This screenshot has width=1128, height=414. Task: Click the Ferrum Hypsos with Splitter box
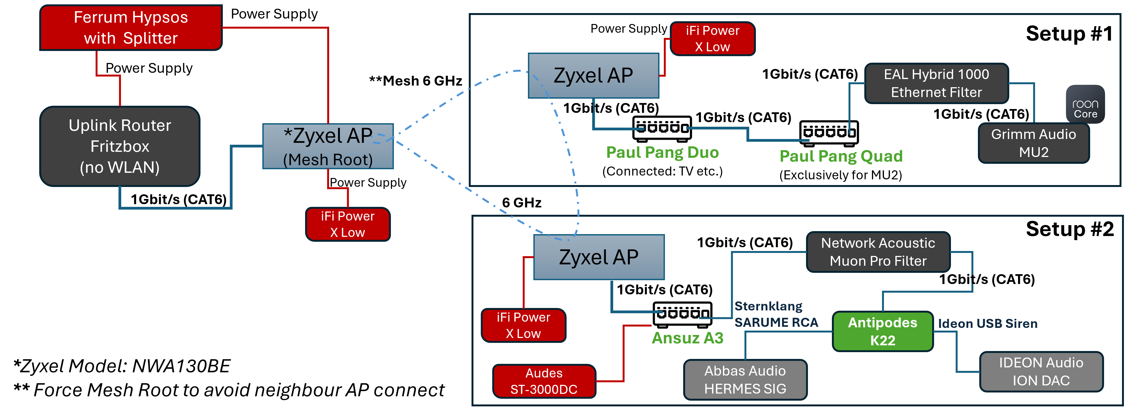(131, 28)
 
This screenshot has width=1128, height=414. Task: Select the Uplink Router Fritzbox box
(120, 146)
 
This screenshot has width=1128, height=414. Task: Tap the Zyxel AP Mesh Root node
(328, 146)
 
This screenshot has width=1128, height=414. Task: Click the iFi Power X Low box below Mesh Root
(347, 224)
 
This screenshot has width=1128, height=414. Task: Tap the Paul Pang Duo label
(662, 152)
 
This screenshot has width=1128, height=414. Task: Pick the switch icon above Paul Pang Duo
(662, 128)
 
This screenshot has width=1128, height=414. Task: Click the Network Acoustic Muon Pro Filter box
(878, 252)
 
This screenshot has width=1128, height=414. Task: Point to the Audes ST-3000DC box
(544, 381)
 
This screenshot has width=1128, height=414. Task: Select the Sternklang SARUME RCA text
(776, 314)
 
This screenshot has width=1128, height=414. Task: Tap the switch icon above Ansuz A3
(682, 314)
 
